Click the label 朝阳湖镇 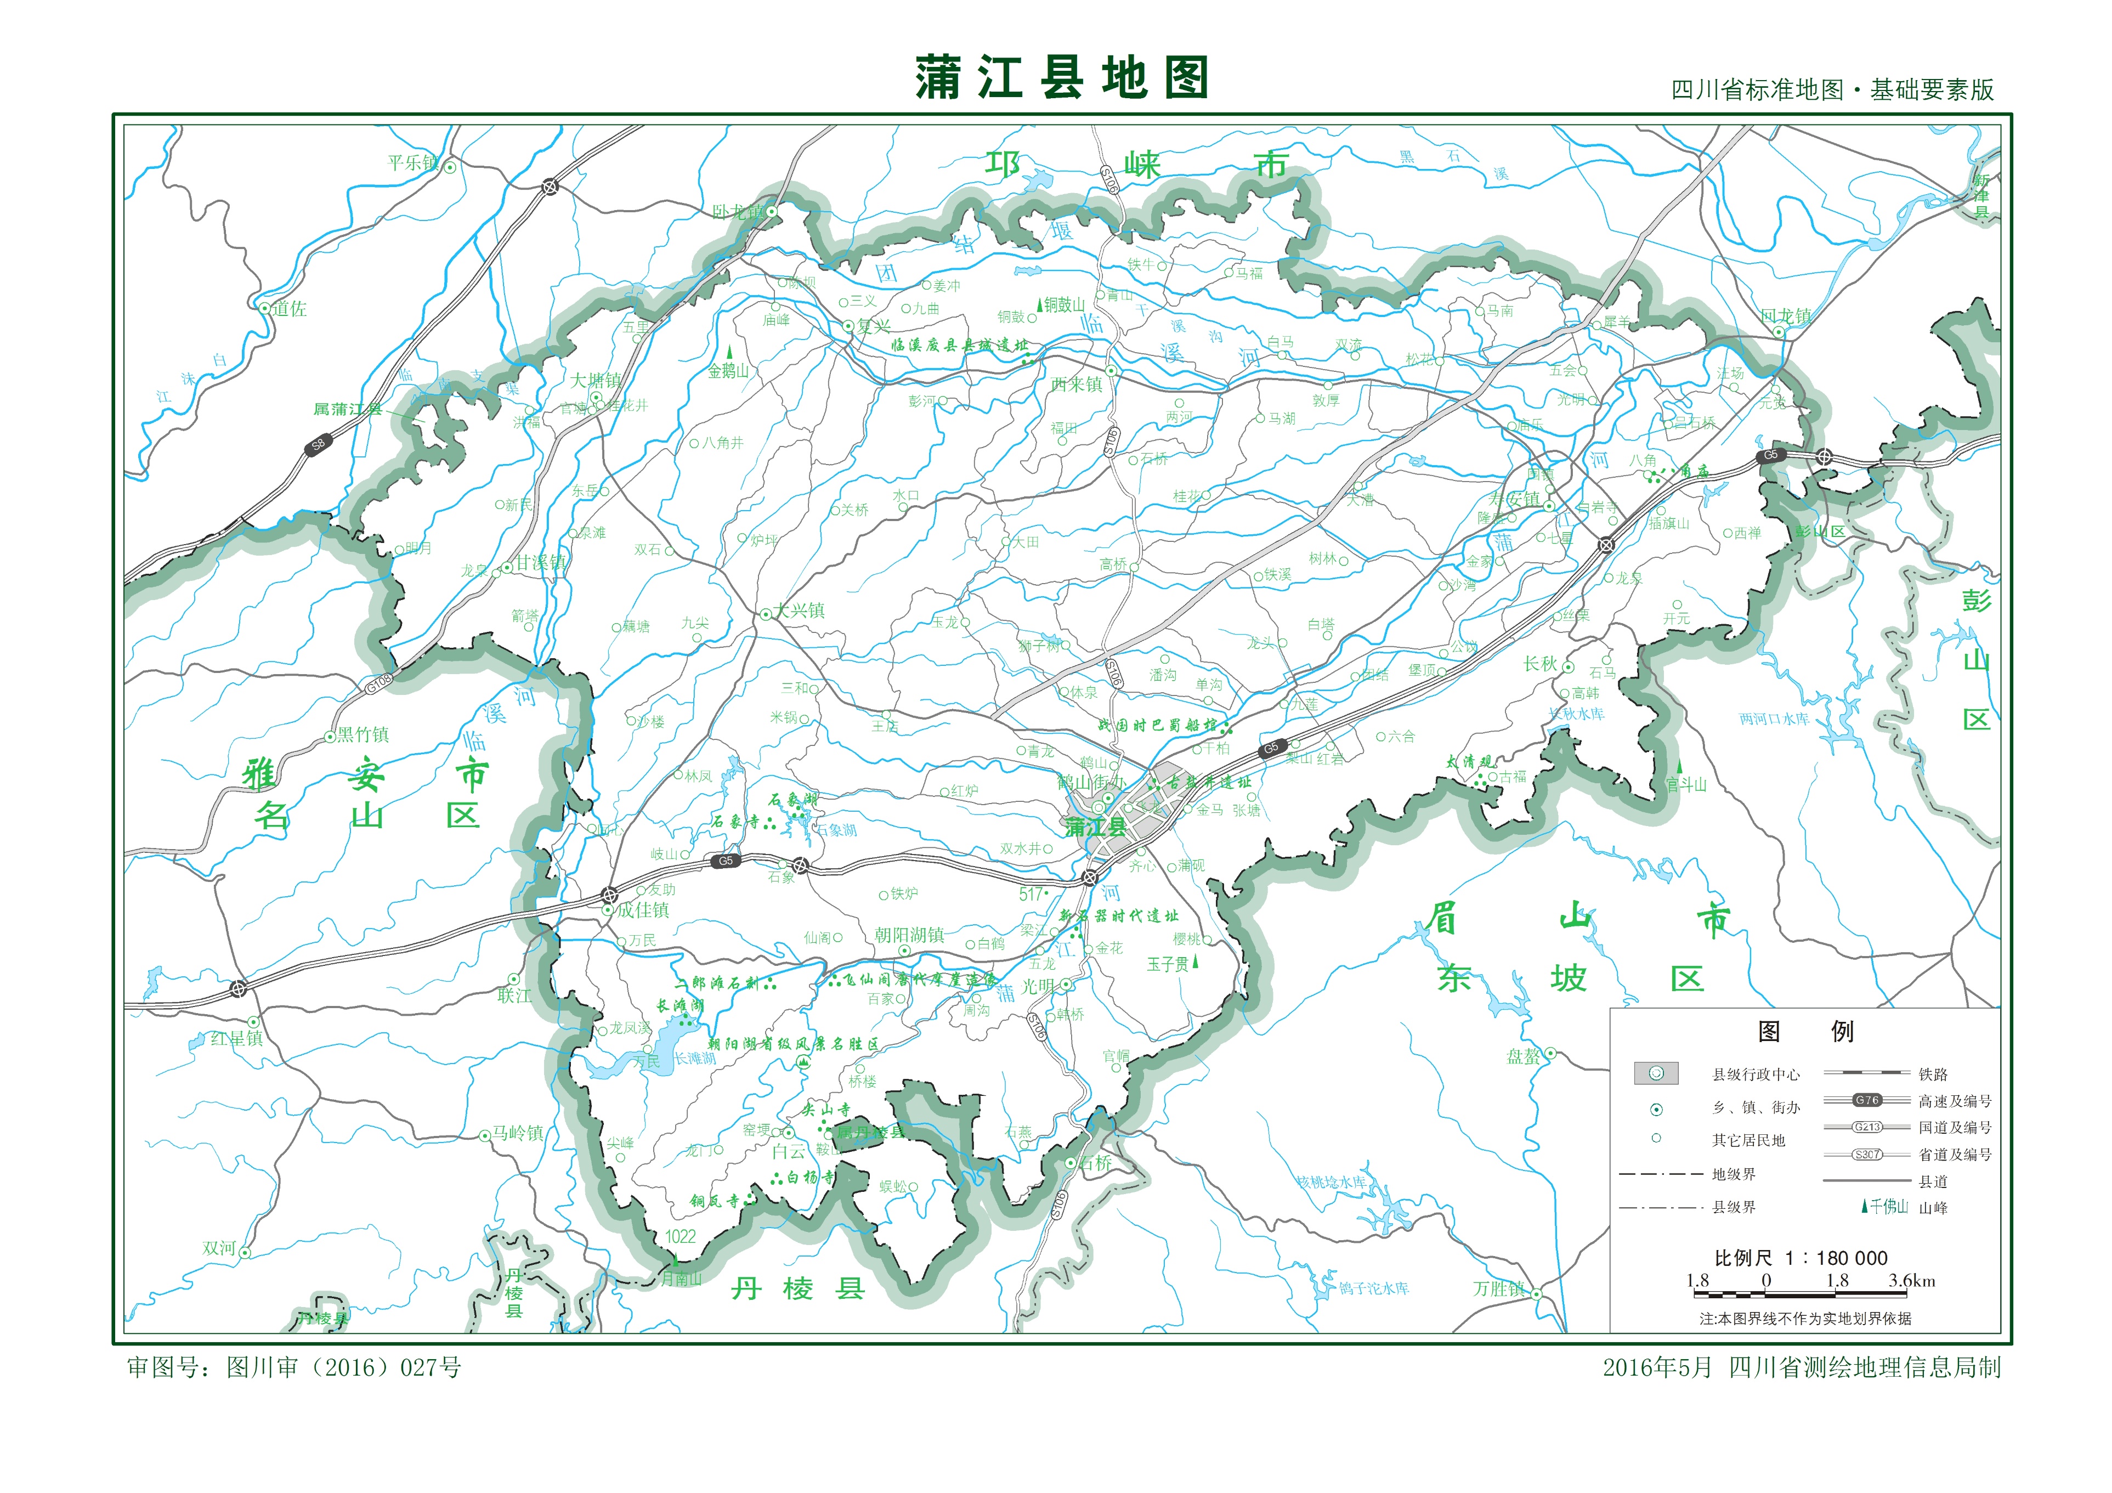pyautogui.click(x=909, y=935)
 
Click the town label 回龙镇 pyautogui.click(x=1786, y=315)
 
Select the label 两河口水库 pyautogui.click(x=1774, y=719)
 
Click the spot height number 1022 pyautogui.click(x=681, y=1236)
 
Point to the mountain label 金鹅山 pyautogui.click(x=728, y=371)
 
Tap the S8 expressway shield pyautogui.click(x=318, y=444)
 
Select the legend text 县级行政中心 pyautogui.click(x=1755, y=1074)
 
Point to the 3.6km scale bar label pyautogui.click(x=1911, y=1281)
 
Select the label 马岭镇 pyautogui.click(x=518, y=1133)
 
